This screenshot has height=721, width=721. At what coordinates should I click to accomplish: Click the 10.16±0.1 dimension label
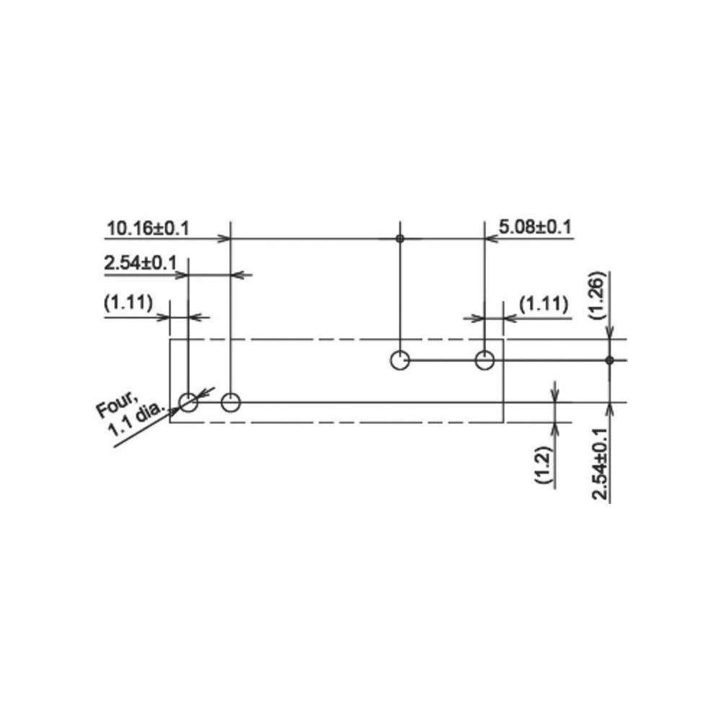pyautogui.click(x=148, y=229)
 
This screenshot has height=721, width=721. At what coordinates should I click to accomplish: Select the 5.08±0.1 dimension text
pyautogui.click(x=535, y=228)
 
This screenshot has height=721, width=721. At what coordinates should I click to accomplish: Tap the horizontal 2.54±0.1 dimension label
pyautogui.click(x=141, y=263)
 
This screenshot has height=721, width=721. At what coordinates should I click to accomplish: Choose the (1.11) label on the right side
pyautogui.click(x=542, y=305)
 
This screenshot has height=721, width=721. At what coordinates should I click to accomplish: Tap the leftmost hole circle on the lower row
pyautogui.click(x=188, y=402)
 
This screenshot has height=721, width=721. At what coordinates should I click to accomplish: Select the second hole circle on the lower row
pyautogui.click(x=231, y=402)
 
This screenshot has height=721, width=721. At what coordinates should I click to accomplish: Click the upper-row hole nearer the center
pyautogui.click(x=399, y=360)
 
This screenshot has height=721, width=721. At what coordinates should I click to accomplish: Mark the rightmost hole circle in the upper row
pyautogui.click(x=485, y=360)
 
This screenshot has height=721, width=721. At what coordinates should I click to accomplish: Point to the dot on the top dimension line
pyautogui.click(x=399, y=238)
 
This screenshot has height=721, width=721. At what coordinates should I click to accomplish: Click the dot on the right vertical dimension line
pyautogui.click(x=609, y=360)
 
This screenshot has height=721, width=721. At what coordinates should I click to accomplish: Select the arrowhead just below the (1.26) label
pyautogui.click(x=609, y=334)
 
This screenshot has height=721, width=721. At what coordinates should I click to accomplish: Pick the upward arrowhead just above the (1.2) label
pyautogui.click(x=554, y=428)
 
